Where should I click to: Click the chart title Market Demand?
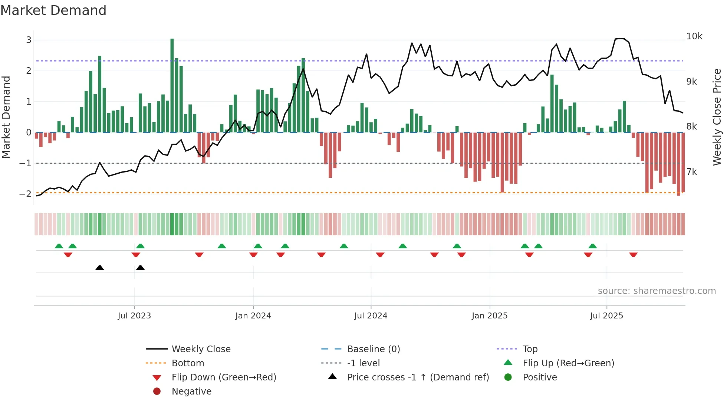(x=53, y=10)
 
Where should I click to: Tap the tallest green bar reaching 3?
(x=172, y=85)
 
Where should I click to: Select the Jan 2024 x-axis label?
(x=253, y=316)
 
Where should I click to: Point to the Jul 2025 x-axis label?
(x=606, y=316)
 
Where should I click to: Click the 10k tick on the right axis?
(x=694, y=36)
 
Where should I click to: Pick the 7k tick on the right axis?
(x=692, y=172)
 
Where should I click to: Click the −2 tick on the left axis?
(x=25, y=194)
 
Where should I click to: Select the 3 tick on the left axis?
(x=29, y=40)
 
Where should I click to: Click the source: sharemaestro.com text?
(x=657, y=291)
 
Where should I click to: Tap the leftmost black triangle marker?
(x=99, y=268)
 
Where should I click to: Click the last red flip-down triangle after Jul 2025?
(x=633, y=255)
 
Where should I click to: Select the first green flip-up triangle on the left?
(x=59, y=246)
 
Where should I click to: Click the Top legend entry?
(x=530, y=349)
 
